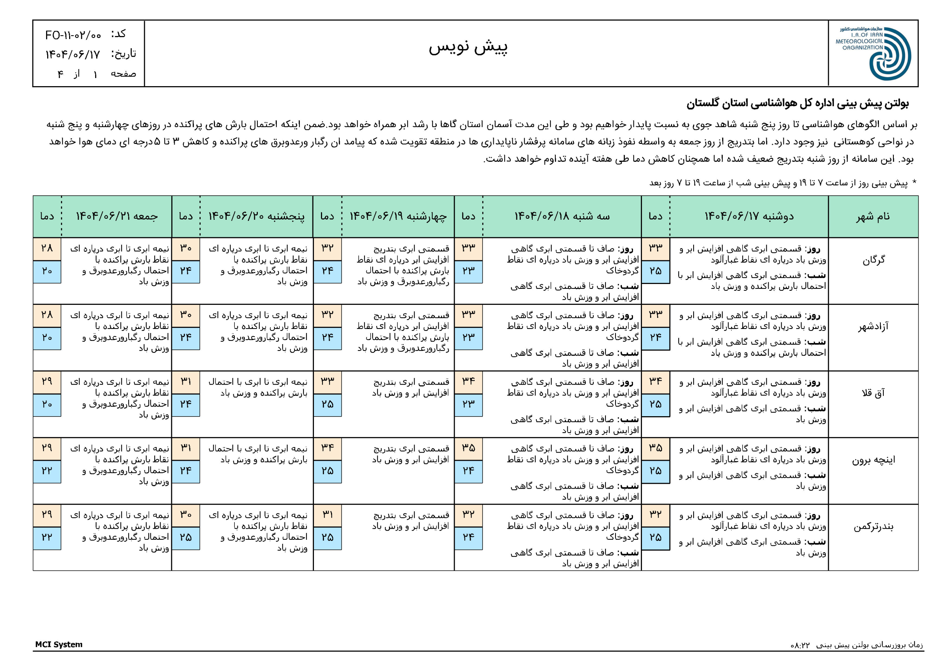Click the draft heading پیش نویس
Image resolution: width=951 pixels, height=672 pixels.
pos(468,47)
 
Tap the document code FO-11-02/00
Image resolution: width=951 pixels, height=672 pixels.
pos(73,36)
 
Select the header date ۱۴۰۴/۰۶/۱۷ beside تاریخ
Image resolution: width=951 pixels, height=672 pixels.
pos(73,54)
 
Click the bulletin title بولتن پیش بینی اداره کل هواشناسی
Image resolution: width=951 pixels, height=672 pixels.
pos(797,104)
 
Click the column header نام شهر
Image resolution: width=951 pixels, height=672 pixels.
pos(873,216)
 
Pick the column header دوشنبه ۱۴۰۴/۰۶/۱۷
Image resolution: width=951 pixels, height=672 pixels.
pos(749,216)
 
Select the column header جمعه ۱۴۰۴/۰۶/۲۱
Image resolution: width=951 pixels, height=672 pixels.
pos(117,216)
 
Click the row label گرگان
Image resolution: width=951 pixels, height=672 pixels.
pos(873,260)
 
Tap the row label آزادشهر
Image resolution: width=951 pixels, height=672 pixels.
pos(873,327)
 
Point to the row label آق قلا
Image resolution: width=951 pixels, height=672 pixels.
pos(873,393)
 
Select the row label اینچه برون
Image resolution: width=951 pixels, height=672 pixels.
pos(873,460)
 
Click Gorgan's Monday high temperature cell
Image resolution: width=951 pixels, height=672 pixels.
pos(655,248)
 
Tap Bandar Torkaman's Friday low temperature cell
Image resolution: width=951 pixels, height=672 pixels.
pos(47,538)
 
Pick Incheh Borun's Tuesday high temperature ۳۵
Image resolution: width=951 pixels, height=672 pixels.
pos(468,448)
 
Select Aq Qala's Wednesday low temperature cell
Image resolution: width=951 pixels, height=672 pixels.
pos(327,404)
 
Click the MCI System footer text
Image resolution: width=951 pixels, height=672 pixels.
pos(59,645)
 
